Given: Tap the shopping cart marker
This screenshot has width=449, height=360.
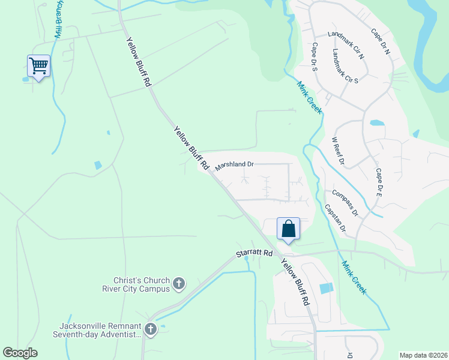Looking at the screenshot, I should (38, 65).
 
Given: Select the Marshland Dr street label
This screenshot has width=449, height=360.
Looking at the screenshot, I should (235, 164).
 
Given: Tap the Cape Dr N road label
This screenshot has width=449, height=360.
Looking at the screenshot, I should (381, 41).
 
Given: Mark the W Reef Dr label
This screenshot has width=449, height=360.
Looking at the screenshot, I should (338, 150).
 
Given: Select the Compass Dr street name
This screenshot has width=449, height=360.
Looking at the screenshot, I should (345, 203).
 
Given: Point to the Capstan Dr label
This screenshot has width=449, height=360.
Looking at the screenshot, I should (335, 217).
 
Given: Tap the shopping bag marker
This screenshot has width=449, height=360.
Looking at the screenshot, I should (288, 229).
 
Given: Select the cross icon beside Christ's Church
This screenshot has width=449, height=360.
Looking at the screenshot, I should (178, 284).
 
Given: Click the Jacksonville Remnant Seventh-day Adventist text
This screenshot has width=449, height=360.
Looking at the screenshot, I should (98, 329).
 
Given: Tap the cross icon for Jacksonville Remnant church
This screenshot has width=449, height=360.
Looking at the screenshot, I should (150, 329).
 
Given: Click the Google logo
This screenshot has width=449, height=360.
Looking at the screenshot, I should (20, 353).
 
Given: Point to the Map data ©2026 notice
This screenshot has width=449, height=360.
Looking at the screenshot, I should (423, 355).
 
